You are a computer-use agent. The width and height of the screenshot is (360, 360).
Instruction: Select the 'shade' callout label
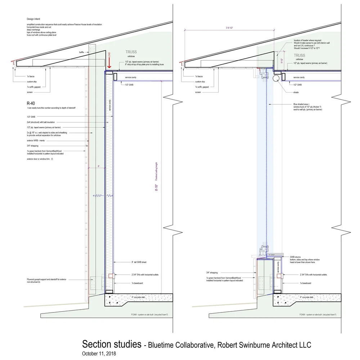[296, 92]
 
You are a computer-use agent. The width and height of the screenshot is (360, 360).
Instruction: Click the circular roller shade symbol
[276, 78]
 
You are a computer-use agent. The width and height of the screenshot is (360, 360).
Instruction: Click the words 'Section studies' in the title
[112, 344]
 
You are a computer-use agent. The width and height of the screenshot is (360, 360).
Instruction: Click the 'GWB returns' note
[296, 257]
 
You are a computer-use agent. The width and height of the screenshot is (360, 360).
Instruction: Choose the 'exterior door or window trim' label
[40, 159]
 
